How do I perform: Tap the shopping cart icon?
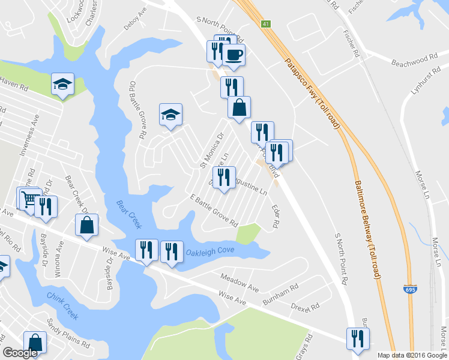[28, 199]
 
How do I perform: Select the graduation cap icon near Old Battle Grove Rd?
[170, 114]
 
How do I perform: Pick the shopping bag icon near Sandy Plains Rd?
[35, 343]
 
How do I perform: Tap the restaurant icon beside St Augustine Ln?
[224, 178]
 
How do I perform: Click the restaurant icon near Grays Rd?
[358, 338]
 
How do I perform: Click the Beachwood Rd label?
[414, 61]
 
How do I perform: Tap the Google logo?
[20, 353]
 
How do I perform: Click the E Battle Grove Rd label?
[214, 211]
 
